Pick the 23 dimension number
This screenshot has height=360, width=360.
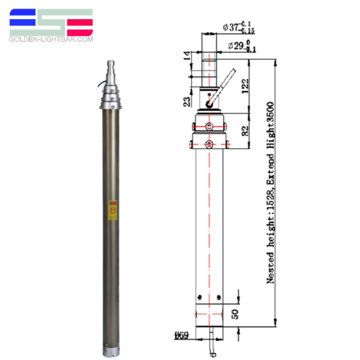coord(187,101)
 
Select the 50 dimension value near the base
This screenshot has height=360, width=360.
coord(236,313)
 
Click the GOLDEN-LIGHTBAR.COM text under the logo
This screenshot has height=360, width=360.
coord(51,39)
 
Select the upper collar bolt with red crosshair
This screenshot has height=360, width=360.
coord(208,127)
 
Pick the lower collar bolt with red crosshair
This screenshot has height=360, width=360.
coord(208,144)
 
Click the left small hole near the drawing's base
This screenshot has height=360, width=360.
coord(198,295)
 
